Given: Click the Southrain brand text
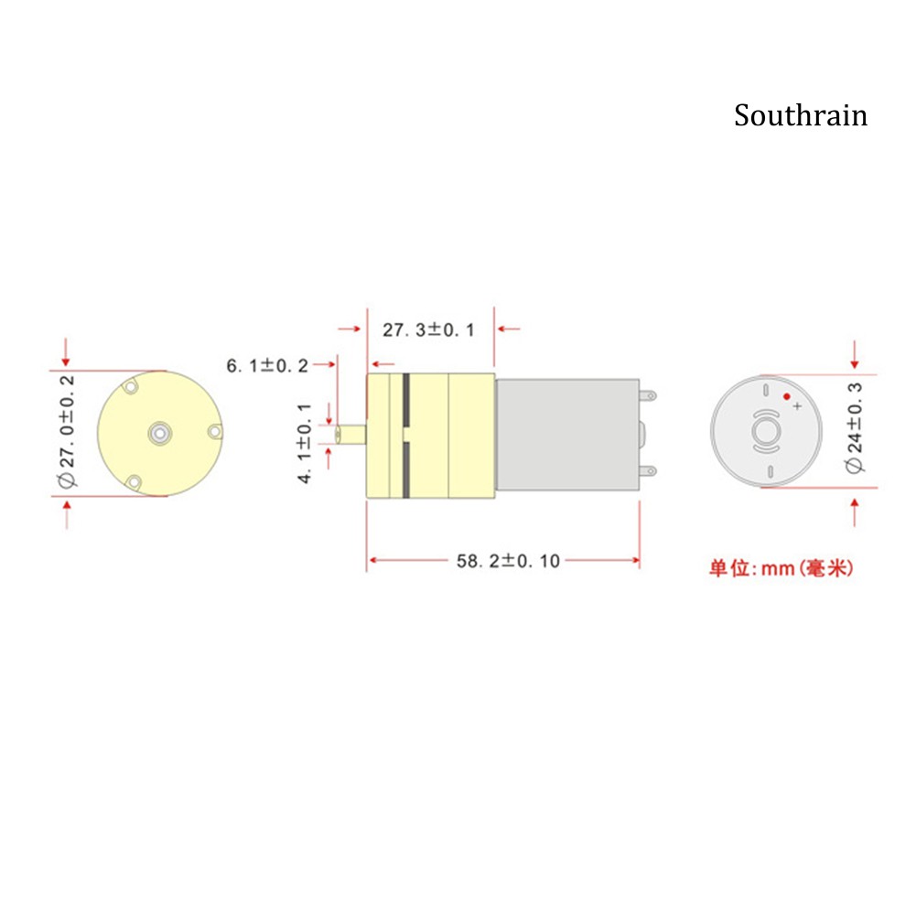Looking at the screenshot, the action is (x=801, y=115).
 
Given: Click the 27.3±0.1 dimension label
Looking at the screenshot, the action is (x=428, y=330).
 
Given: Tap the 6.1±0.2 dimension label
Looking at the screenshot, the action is (x=267, y=366).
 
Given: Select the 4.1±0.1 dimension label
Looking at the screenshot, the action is (x=305, y=443).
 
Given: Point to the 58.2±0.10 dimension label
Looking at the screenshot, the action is (x=508, y=561).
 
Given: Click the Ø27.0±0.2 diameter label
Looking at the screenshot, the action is (x=67, y=432).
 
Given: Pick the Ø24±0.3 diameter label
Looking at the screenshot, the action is (x=854, y=427).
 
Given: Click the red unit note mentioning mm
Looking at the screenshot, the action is (x=781, y=568).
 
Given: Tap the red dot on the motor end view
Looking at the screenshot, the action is (x=786, y=396).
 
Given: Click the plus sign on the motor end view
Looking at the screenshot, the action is (x=797, y=406).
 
